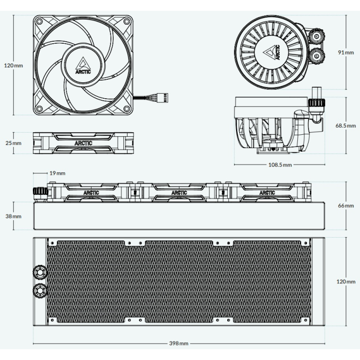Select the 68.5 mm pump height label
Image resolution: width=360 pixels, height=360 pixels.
tap(345, 125)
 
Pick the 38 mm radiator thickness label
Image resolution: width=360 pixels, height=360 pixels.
tap(13, 217)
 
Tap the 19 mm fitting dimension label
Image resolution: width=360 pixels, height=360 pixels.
tap(58, 173)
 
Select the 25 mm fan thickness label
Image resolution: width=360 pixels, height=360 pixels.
tap(13, 142)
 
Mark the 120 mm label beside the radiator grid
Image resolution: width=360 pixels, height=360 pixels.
tap(346, 282)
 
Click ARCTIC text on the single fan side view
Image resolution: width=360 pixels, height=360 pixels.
tap(83, 142)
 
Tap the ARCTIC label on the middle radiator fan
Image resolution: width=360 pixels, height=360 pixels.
tap(179, 193)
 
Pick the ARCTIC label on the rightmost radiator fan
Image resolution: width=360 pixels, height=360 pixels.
tap(267, 193)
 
